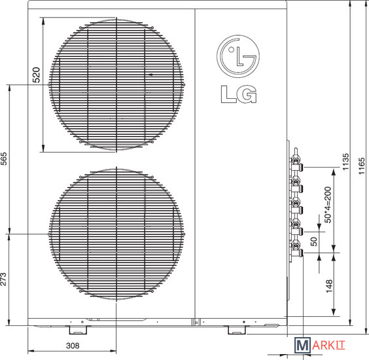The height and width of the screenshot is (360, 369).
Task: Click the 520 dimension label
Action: [36, 75]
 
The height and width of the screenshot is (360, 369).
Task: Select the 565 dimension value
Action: [3, 158]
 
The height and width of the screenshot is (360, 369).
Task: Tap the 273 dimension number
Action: [3, 279]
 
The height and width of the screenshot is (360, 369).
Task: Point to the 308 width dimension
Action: [73, 346]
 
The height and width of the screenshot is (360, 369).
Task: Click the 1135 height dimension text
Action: [345, 162]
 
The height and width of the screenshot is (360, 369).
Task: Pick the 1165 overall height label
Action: [362, 166]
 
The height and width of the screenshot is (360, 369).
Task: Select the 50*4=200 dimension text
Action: [328, 205]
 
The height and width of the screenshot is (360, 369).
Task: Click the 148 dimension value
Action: [329, 286]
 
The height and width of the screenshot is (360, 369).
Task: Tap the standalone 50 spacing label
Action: [313, 242]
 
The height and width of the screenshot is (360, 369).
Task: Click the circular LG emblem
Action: [238, 56]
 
